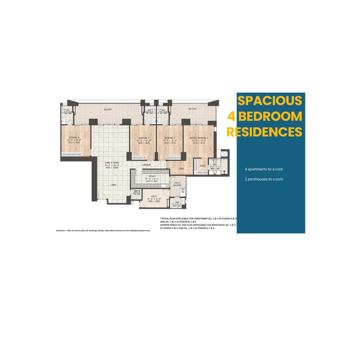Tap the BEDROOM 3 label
(x=144, y=137)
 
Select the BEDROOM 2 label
(x=170, y=137)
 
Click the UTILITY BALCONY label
(x=177, y=184)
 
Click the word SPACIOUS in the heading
(x=270, y=100)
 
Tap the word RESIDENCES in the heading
(x=264, y=132)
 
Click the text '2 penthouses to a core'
(x=264, y=179)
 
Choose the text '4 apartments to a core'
(x=264, y=169)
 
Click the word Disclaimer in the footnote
(x=61, y=230)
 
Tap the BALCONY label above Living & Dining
(x=108, y=109)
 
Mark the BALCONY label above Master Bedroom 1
(x=192, y=109)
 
